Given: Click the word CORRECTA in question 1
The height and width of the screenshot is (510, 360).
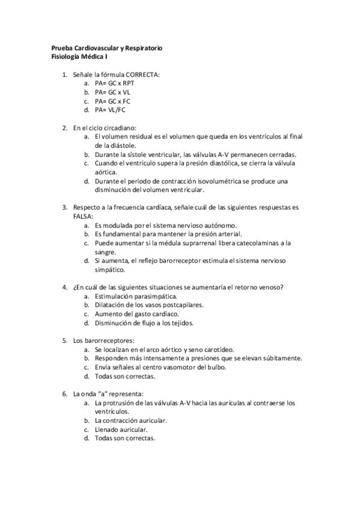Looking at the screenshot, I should coord(143,74).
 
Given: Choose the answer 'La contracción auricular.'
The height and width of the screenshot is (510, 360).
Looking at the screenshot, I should coord(130,420).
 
